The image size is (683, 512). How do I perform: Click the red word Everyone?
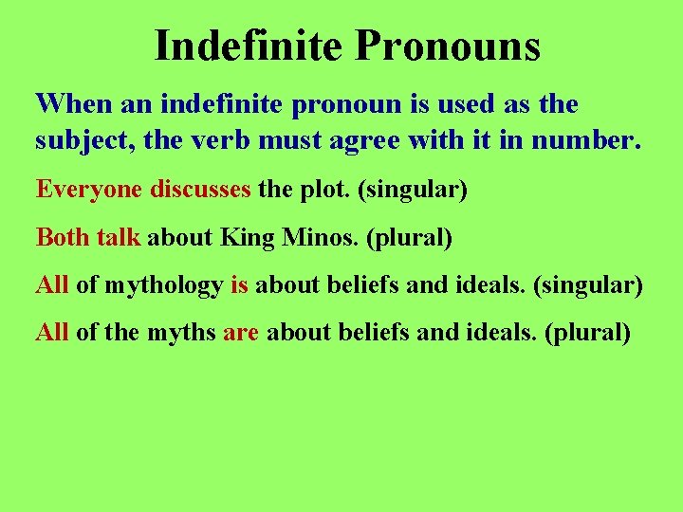[x=89, y=189]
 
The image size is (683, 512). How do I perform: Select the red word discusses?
[x=200, y=189]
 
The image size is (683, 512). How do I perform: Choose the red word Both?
[x=63, y=237]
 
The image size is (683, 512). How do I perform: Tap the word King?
[x=246, y=237]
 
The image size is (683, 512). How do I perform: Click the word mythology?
[x=164, y=285]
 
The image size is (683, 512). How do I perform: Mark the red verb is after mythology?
[x=239, y=284]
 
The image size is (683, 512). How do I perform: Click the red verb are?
[x=241, y=334]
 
